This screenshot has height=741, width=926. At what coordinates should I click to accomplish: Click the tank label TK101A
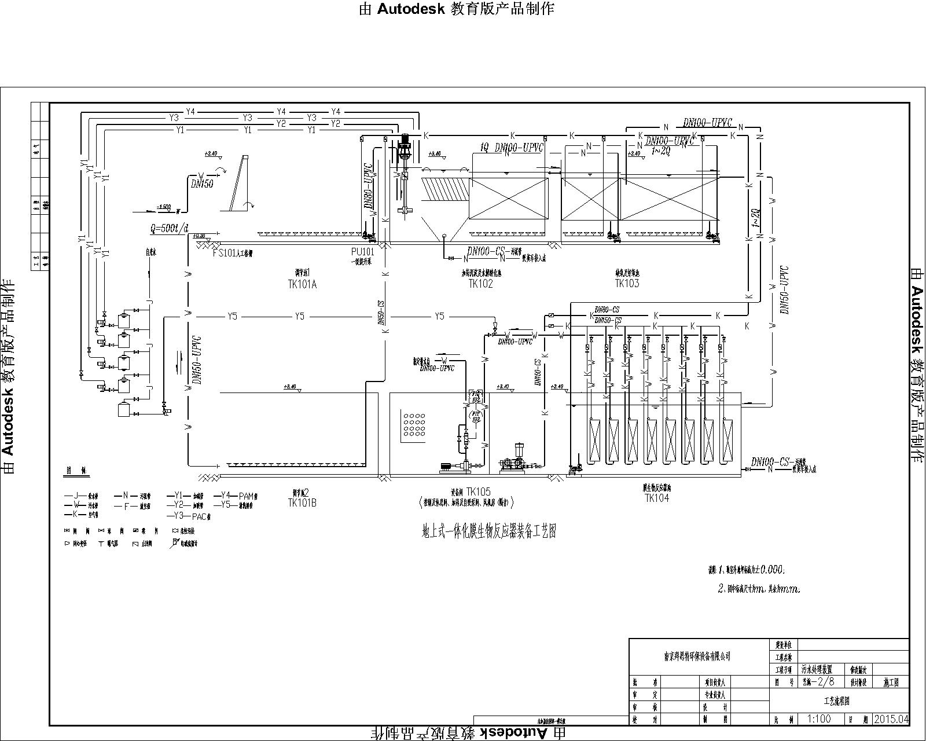click(x=302, y=284)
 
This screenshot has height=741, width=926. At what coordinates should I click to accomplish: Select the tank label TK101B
click(x=302, y=503)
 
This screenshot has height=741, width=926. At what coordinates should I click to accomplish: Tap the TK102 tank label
click(x=480, y=284)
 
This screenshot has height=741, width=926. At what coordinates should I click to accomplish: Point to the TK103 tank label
click(x=627, y=283)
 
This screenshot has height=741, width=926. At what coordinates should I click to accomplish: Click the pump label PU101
click(x=362, y=252)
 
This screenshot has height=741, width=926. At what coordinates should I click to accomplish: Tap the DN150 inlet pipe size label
click(x=202, y=184)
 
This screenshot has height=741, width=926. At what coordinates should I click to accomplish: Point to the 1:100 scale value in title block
click(x=818, y=719)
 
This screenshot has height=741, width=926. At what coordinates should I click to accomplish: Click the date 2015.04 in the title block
click(x=892, y=719)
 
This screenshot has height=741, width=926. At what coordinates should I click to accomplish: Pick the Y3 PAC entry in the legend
click(x=192, y=516)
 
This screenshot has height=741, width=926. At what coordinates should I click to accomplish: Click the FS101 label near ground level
click(x=232, y=253)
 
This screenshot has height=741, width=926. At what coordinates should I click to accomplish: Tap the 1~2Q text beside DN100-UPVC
click(x=660, y=151)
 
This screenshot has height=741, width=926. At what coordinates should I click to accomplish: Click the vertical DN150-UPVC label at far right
click(x=784, y=289)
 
